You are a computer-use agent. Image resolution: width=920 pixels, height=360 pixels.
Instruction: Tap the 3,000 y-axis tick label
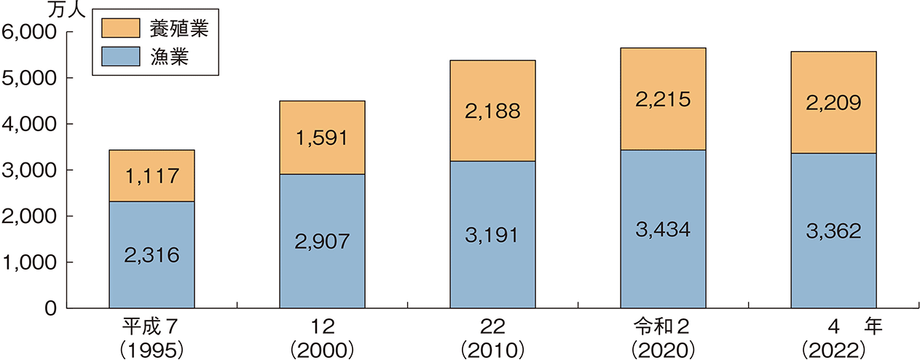(x=29, y=171)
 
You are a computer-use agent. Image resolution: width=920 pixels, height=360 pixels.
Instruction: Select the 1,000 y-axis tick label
(x=29, y=263)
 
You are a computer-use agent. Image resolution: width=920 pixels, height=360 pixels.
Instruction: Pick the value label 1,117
(x=152, y=176)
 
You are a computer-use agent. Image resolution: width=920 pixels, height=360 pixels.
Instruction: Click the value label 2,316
(x=152, y=255)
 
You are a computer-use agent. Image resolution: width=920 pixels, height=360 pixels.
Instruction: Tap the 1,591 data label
(x=323, y=137)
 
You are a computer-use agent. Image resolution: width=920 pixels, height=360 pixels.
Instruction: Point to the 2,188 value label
(x=493, y=111)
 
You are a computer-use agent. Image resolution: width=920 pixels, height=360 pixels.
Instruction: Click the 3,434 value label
(x=664, y=230)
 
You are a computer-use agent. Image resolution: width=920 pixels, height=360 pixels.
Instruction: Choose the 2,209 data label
(x=834, y=103)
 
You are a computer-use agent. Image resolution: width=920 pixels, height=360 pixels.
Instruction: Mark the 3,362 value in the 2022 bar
(x=834, y=231)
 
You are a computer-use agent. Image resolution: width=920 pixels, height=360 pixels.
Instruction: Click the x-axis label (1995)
(x=152, y=348)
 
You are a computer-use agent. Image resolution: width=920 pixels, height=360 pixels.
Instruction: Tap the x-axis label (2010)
(x=493, y=348)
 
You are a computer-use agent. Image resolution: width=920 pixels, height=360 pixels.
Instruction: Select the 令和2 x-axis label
(x=663, y=326)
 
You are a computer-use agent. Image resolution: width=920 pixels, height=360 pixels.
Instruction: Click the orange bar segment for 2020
(x=664, y=73)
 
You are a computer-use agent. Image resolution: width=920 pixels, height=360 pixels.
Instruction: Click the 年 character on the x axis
(x=873, y=326)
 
